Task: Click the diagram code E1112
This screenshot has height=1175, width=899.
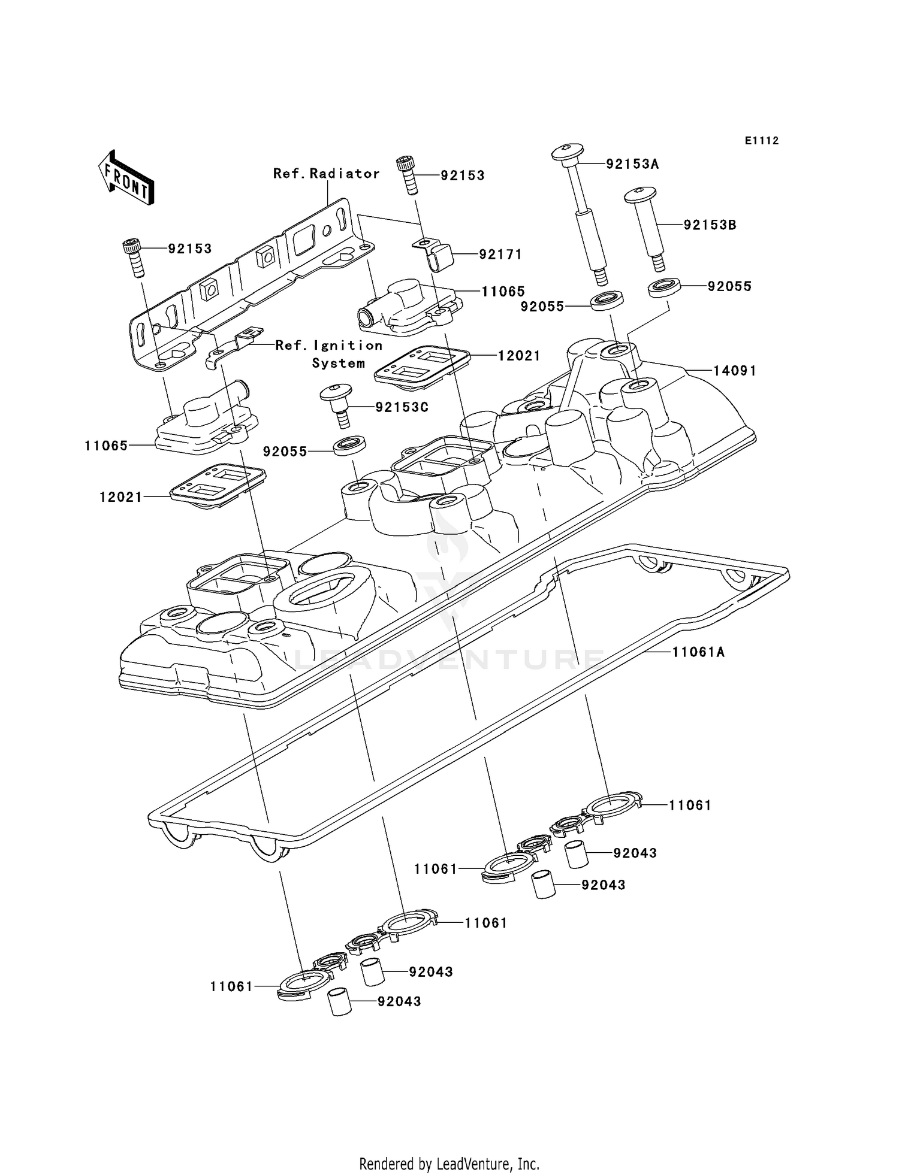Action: (762, 141)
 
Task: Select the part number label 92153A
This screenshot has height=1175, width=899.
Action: (632, 164)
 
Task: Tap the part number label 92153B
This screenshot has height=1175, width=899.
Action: (710, 225)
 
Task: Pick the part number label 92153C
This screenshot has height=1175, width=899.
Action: (402, 407)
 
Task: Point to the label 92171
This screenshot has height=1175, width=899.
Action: (500, 255)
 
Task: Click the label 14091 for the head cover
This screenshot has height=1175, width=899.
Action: (734, 371)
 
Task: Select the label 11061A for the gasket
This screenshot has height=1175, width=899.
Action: (698, 652)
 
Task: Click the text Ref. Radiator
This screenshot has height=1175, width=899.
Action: (326, 174)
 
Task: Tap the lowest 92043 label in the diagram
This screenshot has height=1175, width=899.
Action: (399, 1001)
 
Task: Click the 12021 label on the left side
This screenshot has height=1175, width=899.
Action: (121, 496)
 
